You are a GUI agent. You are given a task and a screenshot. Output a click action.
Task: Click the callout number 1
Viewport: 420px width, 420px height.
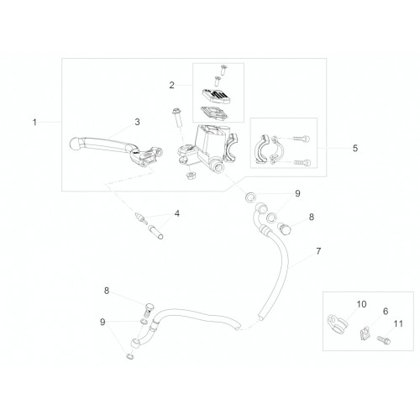click(x=34, y=123)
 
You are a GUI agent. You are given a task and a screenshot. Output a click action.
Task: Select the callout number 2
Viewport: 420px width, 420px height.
click(x=171, y=85)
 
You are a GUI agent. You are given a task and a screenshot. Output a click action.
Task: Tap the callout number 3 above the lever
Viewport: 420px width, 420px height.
click(x=137, y=122)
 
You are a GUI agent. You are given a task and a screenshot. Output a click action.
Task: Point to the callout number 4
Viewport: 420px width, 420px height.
click(x=177, y=214)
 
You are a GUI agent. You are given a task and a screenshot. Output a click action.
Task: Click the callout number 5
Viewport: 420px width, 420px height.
click(x=355, y=148)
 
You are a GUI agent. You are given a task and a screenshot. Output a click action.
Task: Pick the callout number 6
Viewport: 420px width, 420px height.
click(x=386, y=311)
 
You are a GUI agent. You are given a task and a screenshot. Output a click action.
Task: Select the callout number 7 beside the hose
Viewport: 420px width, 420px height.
click(x=318, y=251)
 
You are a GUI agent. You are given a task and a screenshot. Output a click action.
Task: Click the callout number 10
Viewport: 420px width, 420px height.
click(x=361, y=304)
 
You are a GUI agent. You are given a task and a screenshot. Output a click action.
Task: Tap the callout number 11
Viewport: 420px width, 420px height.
click(x=398, y=324)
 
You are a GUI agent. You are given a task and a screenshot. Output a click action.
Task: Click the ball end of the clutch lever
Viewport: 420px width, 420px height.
click(x=75, y=144)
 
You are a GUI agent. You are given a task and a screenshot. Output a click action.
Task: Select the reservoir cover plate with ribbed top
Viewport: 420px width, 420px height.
click(x=216, y=96)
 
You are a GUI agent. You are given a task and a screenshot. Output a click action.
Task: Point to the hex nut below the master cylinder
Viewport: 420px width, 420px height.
click(x=191, y=176)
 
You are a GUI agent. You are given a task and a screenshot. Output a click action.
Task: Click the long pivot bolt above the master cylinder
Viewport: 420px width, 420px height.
click(x=177, y=118)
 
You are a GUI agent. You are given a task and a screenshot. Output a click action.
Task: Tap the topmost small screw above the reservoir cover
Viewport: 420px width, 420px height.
click(x=223, y=70)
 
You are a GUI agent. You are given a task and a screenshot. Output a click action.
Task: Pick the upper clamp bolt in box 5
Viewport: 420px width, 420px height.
click(x=302, y=139)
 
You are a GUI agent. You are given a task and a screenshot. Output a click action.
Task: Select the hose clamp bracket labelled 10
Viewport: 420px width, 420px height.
click(x=337, y=323)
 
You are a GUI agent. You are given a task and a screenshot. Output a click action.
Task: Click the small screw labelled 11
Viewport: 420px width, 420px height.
click(x=384, y=340)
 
